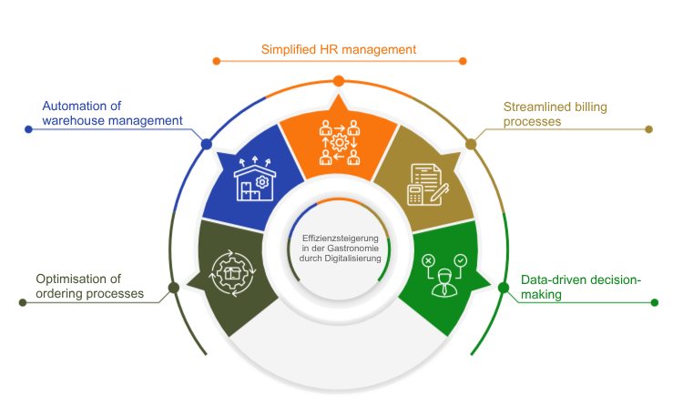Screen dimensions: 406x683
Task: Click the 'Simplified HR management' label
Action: click(338, 50)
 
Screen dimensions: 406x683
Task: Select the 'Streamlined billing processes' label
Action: click(556, 113)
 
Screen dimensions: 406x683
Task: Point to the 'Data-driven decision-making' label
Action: click(580, 288)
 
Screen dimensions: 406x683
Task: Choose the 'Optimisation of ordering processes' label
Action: click(89, 286)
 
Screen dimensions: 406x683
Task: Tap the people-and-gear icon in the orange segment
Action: click(338, 143)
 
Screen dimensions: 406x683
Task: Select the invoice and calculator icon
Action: click(425, 182)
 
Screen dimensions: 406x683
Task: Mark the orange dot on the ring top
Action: click(338, 81)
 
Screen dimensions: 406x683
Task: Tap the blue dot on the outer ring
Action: click(206, 143)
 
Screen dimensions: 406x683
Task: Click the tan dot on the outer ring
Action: click(471, 143)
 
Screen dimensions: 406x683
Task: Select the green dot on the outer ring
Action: click(504, 289)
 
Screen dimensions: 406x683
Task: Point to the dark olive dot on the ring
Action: click(172, 289)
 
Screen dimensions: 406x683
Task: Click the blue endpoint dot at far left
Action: click(28, 129)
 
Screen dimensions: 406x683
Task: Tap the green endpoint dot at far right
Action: click(654, 302)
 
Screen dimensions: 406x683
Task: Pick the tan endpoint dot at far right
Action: click(648, 129)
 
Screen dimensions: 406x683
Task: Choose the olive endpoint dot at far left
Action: click(23, 302)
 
